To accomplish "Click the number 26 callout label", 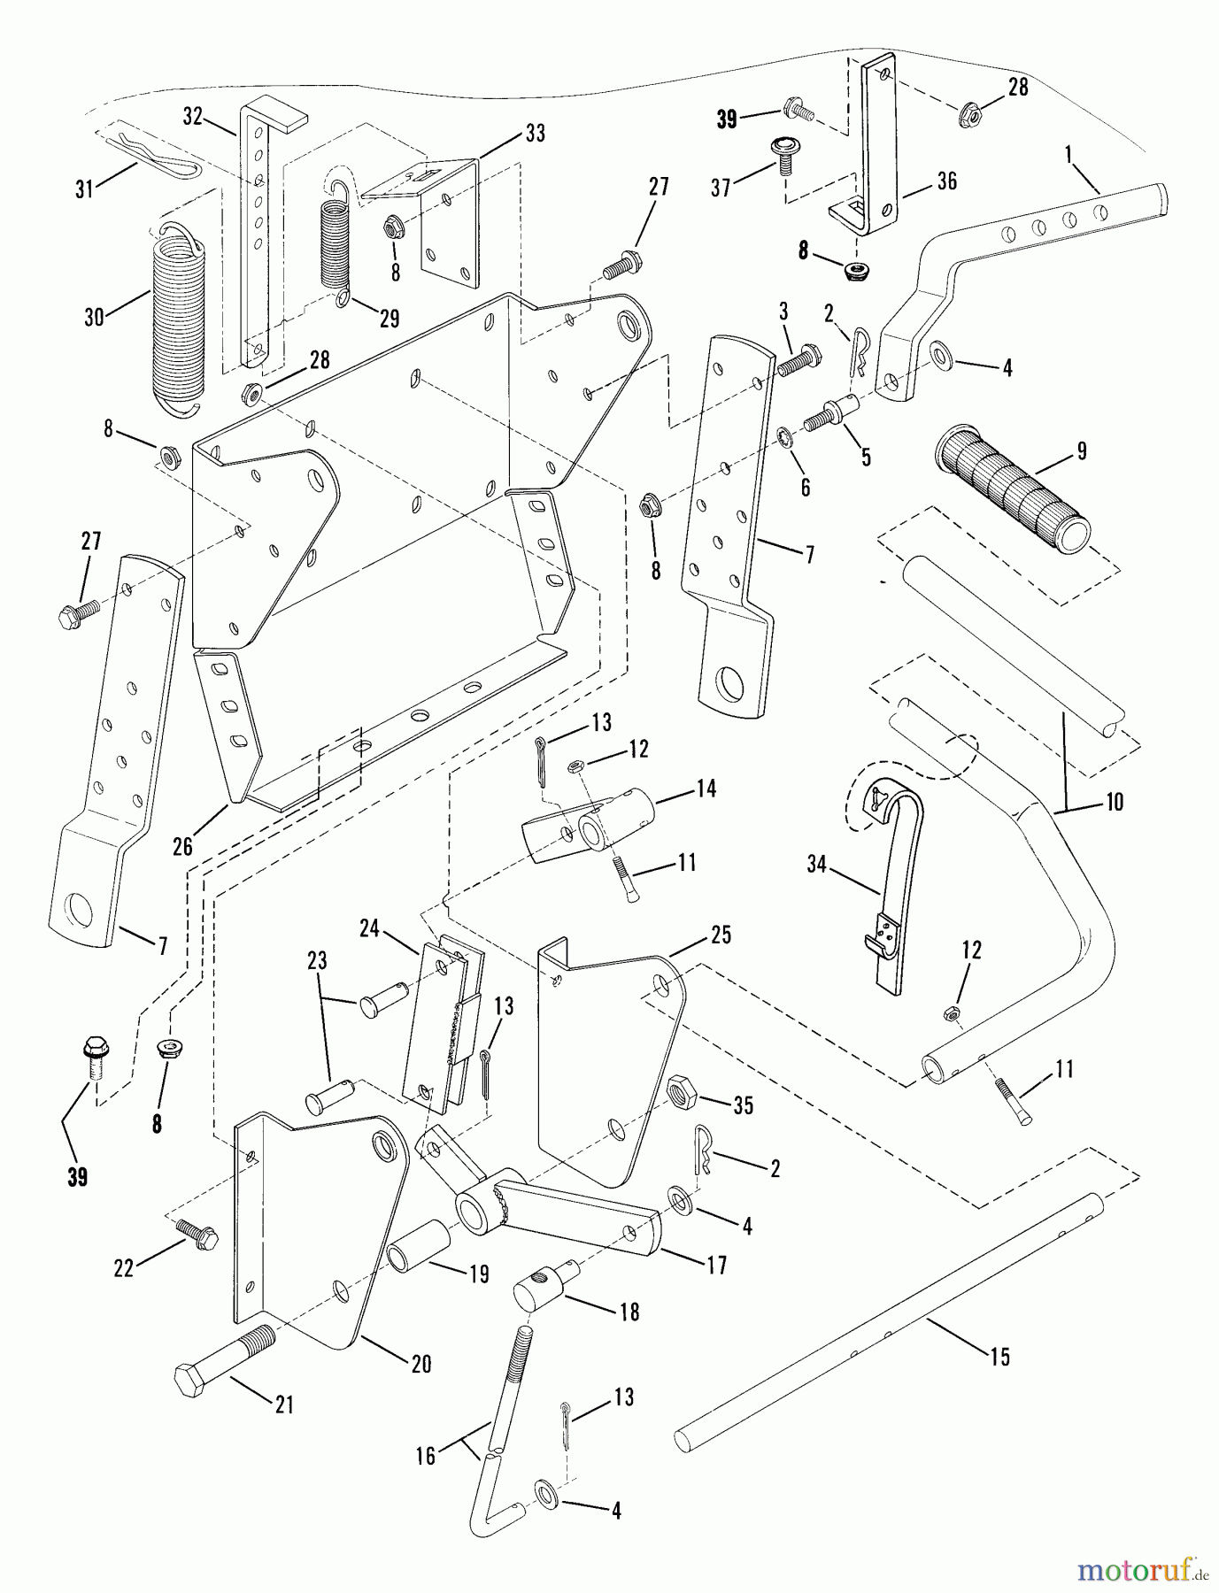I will coord(182,847).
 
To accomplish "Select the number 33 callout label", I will coord(535,134).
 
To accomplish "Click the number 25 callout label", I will coord(721,935).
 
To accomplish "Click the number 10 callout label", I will coord(1114,802).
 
